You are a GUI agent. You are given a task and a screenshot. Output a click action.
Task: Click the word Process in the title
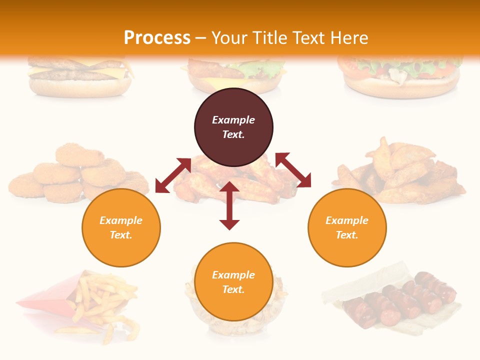tap(157, 38)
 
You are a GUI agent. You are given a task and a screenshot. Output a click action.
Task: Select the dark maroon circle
tap(233, 127)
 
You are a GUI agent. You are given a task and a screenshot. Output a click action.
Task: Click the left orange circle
tap(121, 227)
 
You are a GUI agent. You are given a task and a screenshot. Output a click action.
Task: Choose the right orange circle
tap(347, 227)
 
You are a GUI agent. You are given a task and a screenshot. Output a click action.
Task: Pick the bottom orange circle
tap(233, 282)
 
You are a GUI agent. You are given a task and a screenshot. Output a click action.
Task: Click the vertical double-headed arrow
tap(229, 205)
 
